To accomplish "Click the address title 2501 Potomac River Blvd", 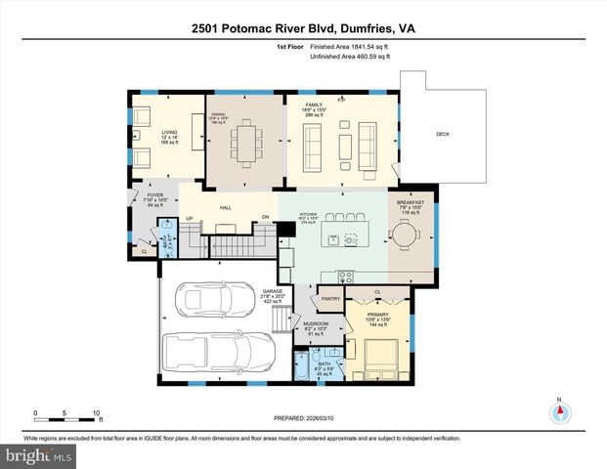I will (x=303, y=29).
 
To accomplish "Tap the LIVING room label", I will (x=170, y=132).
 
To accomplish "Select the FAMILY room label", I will (x=313, y=103).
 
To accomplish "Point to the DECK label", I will (x=442, y=134).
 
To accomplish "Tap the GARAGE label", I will (x=272, y=291).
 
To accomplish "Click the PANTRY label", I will (x=329, y=299).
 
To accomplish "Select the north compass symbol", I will (x=559, y=411).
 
